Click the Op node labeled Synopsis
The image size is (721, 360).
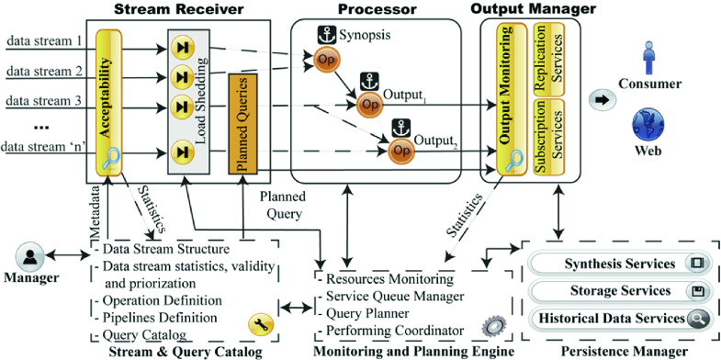326,59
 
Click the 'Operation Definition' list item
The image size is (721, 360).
162,299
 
